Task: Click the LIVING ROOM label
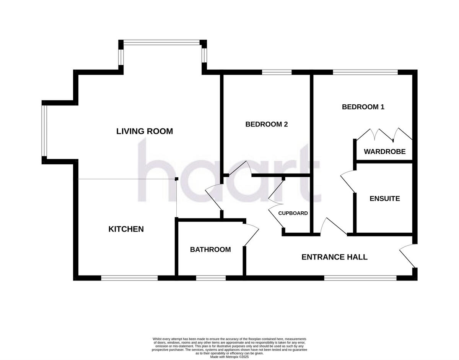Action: click(x=145, y=131)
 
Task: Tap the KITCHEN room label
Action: click(x=126, y=229)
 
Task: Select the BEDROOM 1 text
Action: click(x=363, y=107)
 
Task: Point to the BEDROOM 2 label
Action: click(x=266, y=124)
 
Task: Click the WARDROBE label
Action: click(x=384, y=152)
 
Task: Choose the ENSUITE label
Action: click(x=384, y=199)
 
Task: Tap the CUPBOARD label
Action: click(x=293, y=213)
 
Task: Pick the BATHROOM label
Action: click(x=210, y=250)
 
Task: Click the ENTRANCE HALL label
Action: click(x=334, y=257)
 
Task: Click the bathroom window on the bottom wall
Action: click(x=211, y=278)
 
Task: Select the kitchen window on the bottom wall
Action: click(x=129, y=278)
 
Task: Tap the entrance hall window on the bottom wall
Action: click(x=360, y=278)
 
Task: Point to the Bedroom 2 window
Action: click(x=277, y=72)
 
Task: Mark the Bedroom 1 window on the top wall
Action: click(x=365, y=72)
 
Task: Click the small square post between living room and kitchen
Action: click(x=176, y=179)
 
